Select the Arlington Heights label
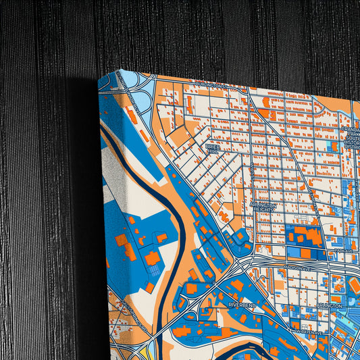pyautogui.click(x=263, y=207)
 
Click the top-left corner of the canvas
pyautogui.click(x=99, y=78)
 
